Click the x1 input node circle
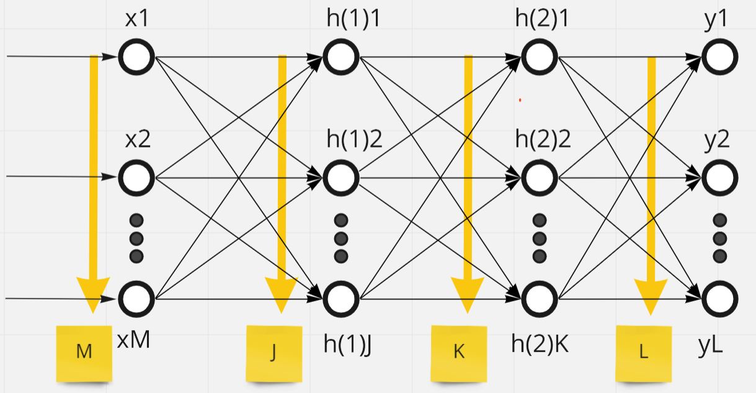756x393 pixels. (x=136, y=57)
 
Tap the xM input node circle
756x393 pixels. (x=136, y=298)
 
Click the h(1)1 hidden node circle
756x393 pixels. (x=340, y=57)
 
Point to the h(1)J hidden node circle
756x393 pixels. (x=340, y=298)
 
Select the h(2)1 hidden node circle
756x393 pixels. (x=540, y=57)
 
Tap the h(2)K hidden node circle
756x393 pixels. (x=540, y=298)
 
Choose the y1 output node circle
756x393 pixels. (x=720, y=57)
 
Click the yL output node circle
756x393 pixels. (x=720, y=298)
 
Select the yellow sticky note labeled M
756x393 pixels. (x=84, y=353)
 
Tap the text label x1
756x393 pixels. (x=136, y=19)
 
